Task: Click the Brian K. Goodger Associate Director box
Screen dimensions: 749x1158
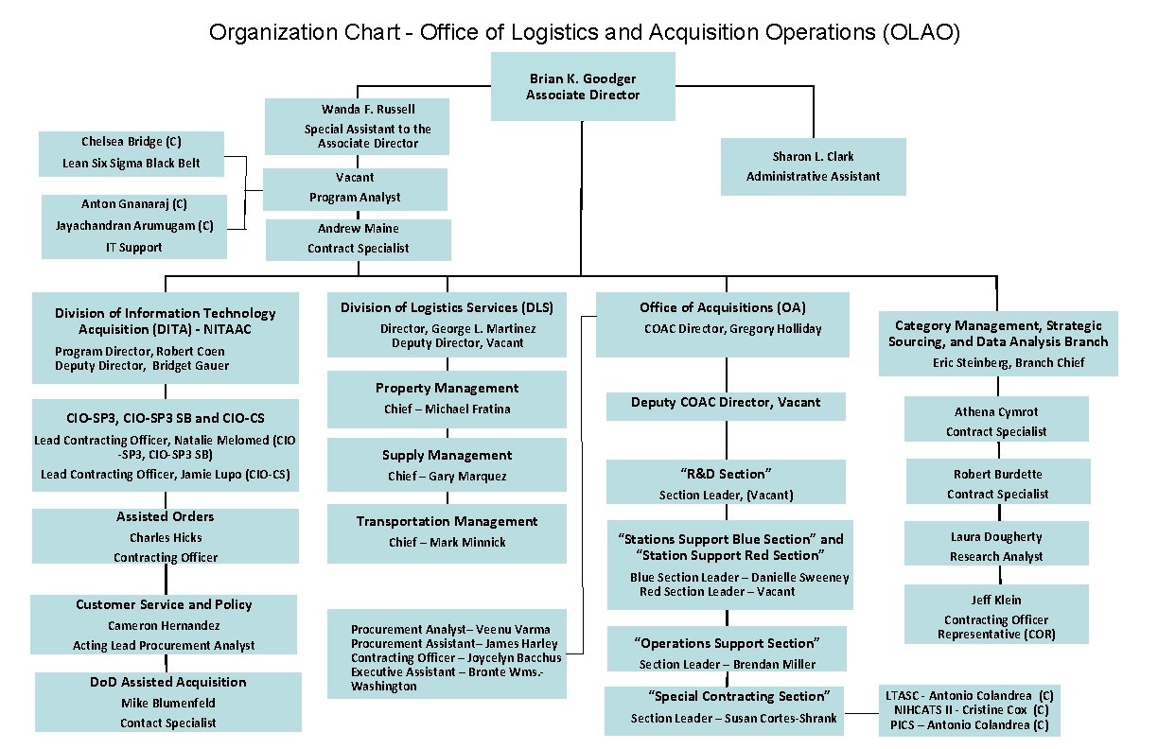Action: (583, 86)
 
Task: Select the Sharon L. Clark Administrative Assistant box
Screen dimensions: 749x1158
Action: (813, 166)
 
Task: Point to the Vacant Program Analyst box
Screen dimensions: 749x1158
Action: (355, 188)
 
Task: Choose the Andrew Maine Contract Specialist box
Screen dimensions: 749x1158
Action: (358, 239)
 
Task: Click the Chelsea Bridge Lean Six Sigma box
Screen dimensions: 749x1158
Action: (132, 153)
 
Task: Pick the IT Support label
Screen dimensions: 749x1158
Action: (133, 247)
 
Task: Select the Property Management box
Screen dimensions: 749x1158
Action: (447, 398)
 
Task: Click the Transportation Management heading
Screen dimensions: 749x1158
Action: (447, 521)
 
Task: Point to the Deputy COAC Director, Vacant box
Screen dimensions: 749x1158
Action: (726, 403)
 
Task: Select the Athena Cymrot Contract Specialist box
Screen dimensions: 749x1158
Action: (996, 421)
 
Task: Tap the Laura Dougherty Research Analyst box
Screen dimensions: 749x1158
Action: (996, 546)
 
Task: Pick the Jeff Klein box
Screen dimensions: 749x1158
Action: (996, 614)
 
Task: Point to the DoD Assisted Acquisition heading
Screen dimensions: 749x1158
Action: (168, 682)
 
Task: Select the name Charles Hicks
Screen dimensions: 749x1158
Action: (166, 537)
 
